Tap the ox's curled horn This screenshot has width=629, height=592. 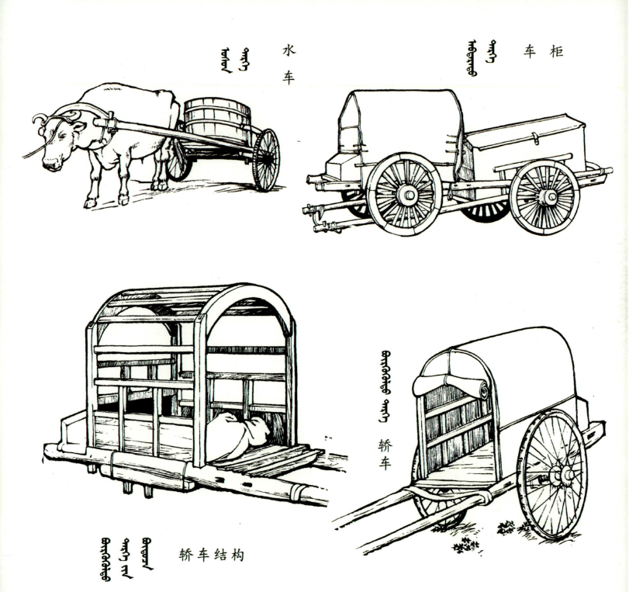39,119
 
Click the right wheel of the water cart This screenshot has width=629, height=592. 266,159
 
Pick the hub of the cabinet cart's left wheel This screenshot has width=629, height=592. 405,195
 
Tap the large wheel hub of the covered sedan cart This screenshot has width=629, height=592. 556,474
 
